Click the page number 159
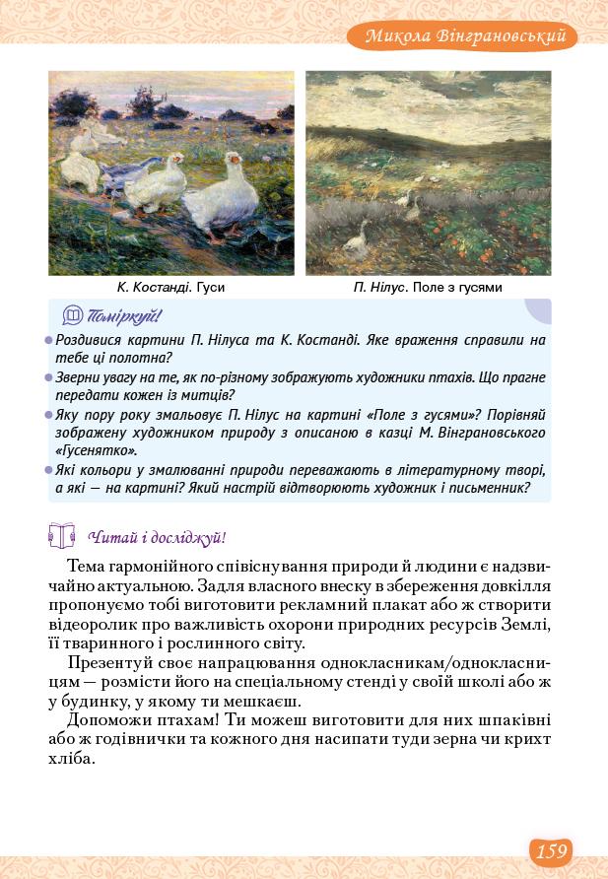tap(552, 849)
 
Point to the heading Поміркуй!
tap(124, 316)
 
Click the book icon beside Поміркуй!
tap(72, 316)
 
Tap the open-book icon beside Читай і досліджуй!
tap(61, 536)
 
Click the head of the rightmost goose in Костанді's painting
tap(234, 160)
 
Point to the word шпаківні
tap(508, 721)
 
